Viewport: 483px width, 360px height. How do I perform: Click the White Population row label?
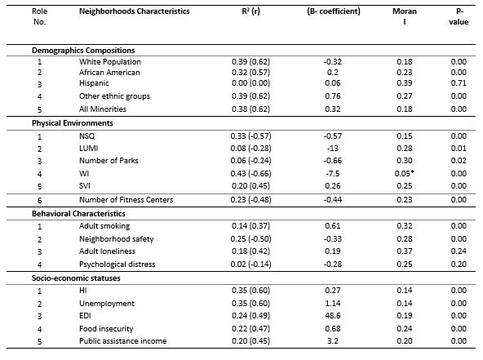point(110,62)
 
